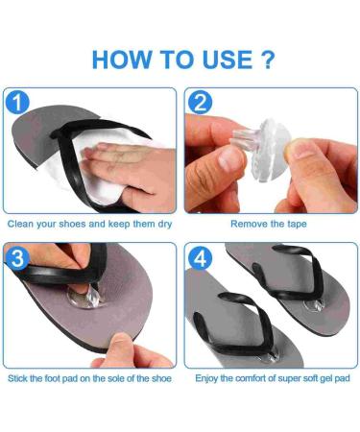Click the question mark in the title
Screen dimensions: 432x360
point(268,59)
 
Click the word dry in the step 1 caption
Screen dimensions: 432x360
point(163,224)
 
